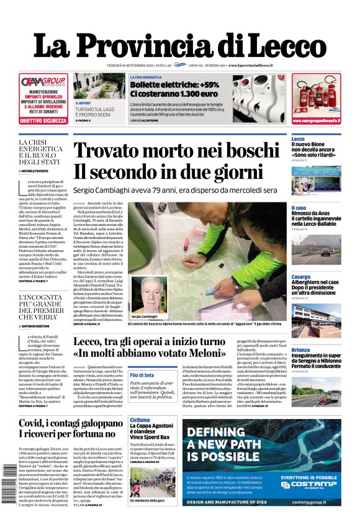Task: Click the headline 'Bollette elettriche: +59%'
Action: coord(174,84)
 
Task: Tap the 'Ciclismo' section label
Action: coord(140,420)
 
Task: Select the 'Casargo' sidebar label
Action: coord(301,276)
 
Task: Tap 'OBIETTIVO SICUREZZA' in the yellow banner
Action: coord(43,120)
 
